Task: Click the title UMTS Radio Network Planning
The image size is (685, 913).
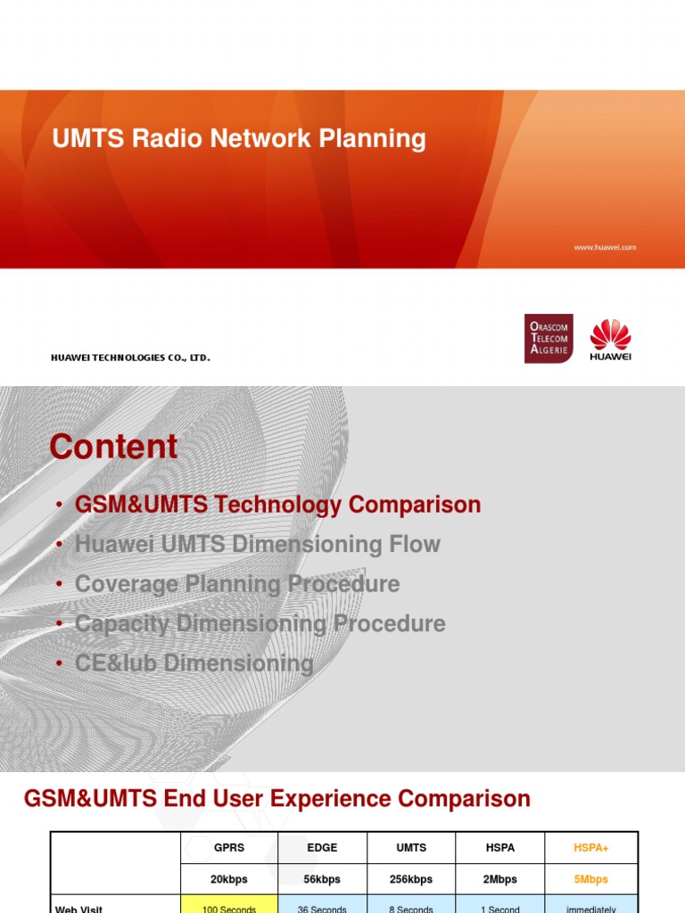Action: click(239, 139)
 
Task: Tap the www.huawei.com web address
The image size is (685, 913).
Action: click(605, 247)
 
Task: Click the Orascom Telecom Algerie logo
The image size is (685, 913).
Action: click(548, 339)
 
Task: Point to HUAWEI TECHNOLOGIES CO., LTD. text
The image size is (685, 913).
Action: click(130, 358)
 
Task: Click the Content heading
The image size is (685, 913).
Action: click(114, 447)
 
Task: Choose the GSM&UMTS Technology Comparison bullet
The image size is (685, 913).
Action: click(277, 505)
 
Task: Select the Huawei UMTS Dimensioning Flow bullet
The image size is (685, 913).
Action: click(257, 544)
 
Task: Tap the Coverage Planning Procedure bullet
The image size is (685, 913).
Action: click(237, 584)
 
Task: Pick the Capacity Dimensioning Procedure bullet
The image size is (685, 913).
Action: click(260, 623)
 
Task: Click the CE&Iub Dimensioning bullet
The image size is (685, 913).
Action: click(194, 663)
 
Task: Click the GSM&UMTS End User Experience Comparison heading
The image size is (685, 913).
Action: click(276, 799)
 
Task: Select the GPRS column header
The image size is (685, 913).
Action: click(229, 848)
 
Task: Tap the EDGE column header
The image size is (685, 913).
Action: click(322, 848)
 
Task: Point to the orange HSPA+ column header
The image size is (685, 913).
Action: click(590, 848)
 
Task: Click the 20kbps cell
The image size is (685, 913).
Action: click(229, 879)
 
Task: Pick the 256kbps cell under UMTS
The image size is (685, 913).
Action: click(411, 879)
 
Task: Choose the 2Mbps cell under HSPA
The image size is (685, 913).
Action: click(500, 879)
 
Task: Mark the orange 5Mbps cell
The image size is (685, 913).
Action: click(590, 879)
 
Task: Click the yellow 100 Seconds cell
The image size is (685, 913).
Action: click(229, 908)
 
